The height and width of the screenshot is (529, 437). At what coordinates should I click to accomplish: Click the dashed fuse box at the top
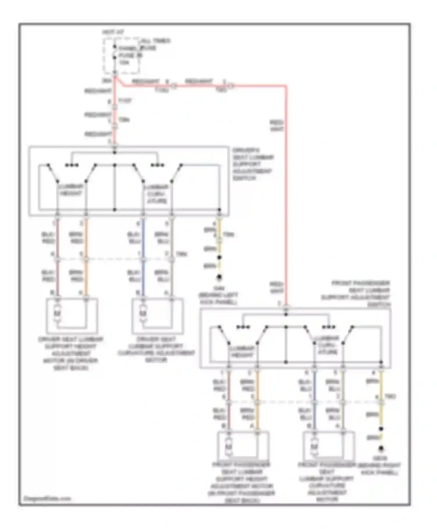pos(122,55)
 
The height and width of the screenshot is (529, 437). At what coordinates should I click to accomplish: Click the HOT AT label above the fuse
pos(113,32)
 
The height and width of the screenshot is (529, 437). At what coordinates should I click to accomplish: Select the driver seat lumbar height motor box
pos(72,316)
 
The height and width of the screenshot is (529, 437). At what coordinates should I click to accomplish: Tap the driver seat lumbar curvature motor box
pos(158,316)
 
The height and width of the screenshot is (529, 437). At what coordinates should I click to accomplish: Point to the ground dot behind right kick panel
pos(381,448)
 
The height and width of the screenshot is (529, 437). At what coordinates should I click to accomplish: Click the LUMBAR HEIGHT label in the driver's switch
pos(71,190)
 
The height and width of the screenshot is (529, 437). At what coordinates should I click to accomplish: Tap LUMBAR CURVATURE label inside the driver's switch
pos(156,194)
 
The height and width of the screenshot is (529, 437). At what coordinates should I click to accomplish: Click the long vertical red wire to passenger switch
pos(286,204)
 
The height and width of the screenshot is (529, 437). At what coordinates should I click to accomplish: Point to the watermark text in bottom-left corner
pos(47,499)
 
